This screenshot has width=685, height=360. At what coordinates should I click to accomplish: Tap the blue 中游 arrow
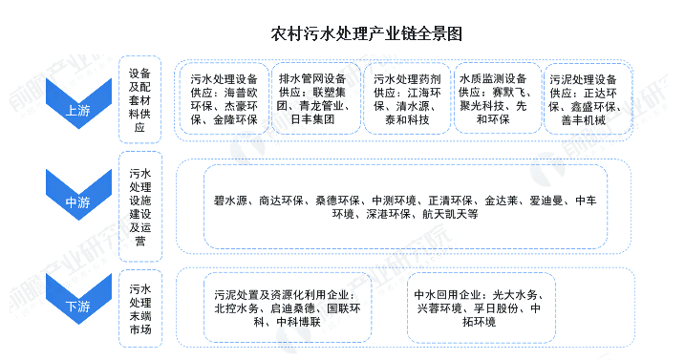click(x=77, y=201)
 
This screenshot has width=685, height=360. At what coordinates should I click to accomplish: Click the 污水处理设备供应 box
click(x=223, y=99)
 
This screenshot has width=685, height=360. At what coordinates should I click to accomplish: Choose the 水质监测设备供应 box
click(x=495, y=99)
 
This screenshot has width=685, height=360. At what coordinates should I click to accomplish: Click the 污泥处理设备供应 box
click(x=584, y=99)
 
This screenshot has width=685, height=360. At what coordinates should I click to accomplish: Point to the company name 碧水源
click(x=231, y=201)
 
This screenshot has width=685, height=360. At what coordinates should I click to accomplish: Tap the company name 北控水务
click(x=235, y=309)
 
